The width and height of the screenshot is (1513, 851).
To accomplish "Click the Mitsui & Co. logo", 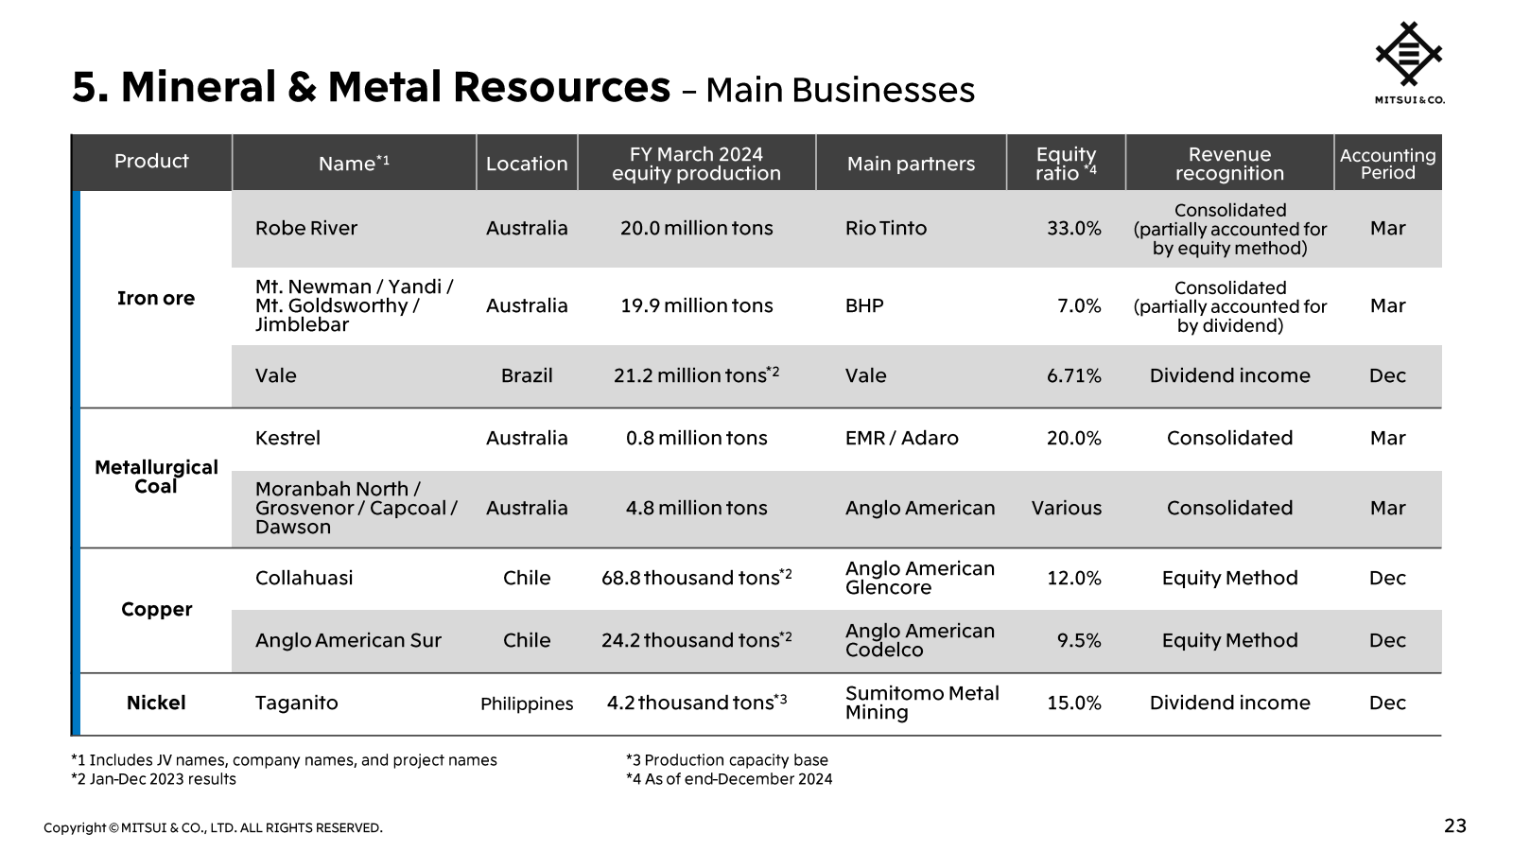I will (x=1409, y=61).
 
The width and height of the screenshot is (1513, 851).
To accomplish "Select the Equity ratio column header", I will (x=1066, y=163).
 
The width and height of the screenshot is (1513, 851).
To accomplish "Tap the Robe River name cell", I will (x=306, y=228).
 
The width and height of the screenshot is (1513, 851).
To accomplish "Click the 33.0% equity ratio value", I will (x=1073, y=228).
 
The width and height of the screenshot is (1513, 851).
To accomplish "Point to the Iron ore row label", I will (x=156, y=298).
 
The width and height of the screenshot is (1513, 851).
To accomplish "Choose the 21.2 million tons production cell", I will (x=696, y=375).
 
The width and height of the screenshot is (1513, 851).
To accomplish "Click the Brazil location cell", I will (x=527, y=375).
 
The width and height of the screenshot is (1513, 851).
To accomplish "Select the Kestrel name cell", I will (x=287, y=438).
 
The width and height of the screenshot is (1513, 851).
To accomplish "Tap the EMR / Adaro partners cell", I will (x=901, y=438).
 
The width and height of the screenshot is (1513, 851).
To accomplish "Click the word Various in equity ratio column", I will (x=1066, y=508).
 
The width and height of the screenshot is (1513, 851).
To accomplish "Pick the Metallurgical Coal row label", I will (x=156, y=477).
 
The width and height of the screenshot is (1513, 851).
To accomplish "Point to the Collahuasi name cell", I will (x=304, y=578).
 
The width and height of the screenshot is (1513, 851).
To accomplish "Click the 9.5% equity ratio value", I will (x=1078, y=640).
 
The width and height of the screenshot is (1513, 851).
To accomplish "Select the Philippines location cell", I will (x=527, y=703).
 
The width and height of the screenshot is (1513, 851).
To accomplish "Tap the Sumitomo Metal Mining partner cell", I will (x=921, y=703).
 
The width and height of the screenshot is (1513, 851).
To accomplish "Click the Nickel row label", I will (x=156, y=703).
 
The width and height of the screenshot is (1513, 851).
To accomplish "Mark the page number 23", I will (x=1454, y=825).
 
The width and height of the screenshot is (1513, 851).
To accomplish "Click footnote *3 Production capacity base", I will (x=726, y=760).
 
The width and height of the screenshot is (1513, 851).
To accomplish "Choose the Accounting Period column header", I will (x=1387, y=163).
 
